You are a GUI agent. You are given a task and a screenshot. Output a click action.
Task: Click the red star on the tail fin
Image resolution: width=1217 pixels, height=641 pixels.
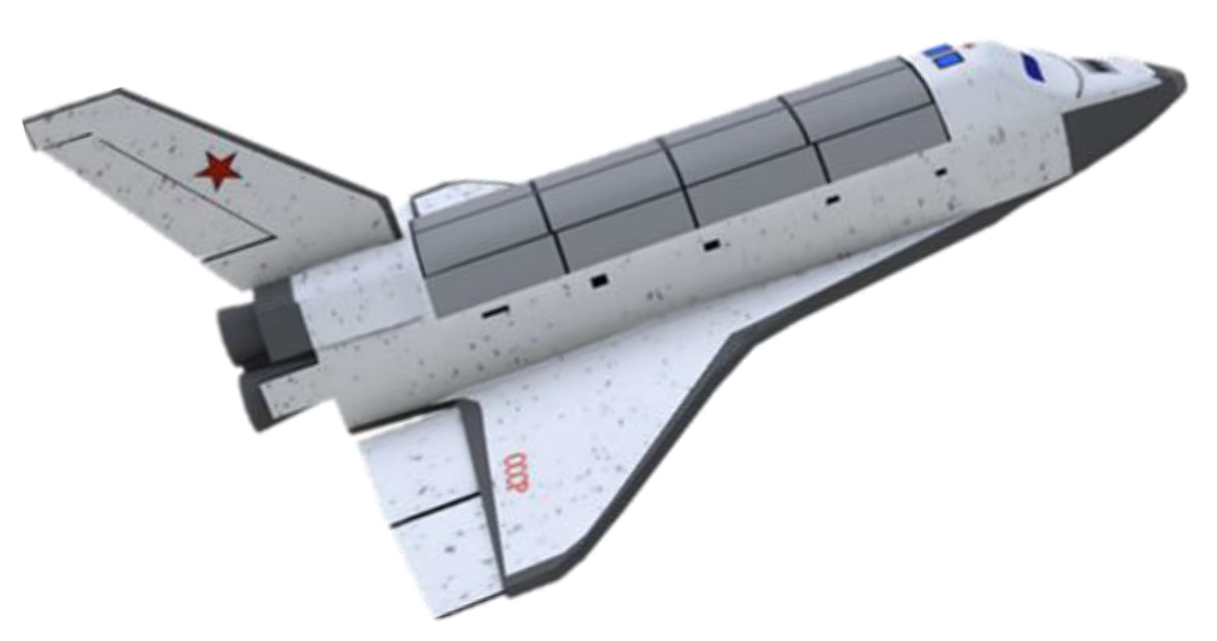(218, 169)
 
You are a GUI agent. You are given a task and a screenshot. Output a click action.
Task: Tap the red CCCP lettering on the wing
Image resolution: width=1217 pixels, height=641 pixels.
(516, 472)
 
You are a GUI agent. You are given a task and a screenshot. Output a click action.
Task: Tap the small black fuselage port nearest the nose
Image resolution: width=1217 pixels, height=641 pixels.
(941, 172)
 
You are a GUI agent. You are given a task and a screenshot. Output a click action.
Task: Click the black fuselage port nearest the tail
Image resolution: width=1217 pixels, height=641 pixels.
(496, 311)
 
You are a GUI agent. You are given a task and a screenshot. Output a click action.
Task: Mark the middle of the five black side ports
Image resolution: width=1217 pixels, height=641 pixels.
(712, 246)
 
